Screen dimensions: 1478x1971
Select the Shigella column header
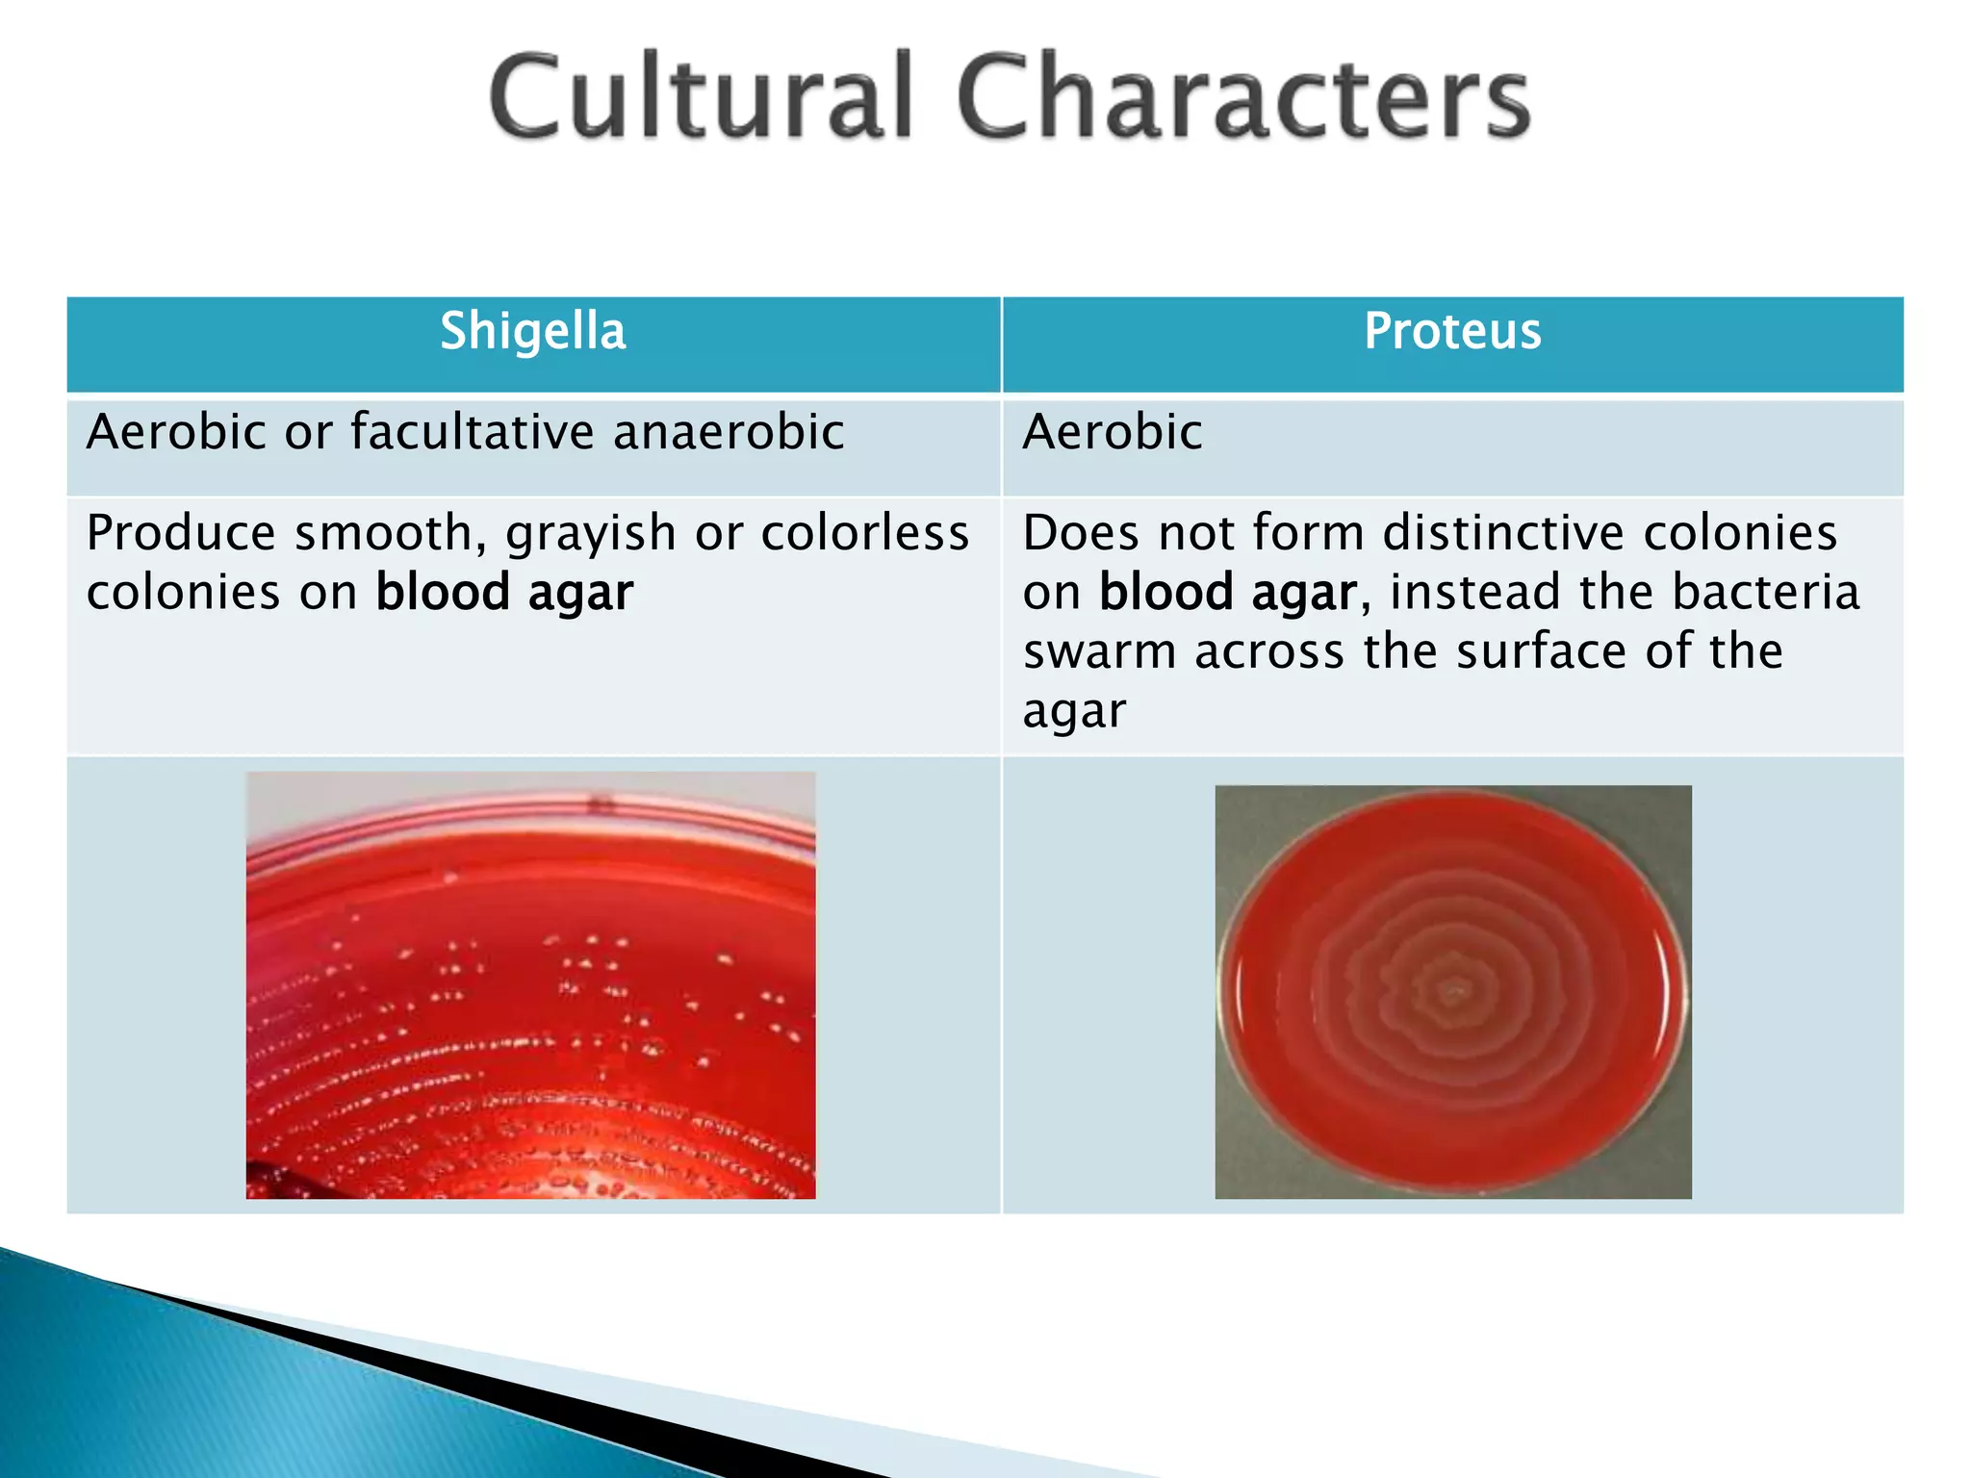tap(532, 332)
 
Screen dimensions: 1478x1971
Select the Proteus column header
tap(1452, 332)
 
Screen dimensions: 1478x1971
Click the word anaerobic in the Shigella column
tap(729, 431)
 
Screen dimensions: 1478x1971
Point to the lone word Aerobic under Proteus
tap(1112, 431)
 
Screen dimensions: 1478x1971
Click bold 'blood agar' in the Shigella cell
tap(504, 593)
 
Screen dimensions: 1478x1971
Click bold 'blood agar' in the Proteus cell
tap(1228, 593)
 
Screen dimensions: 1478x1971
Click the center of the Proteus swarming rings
tap(1452, 990)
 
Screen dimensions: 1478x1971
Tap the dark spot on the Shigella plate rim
tap(601, 803)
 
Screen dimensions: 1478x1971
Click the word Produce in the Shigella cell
tap(181, 533)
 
